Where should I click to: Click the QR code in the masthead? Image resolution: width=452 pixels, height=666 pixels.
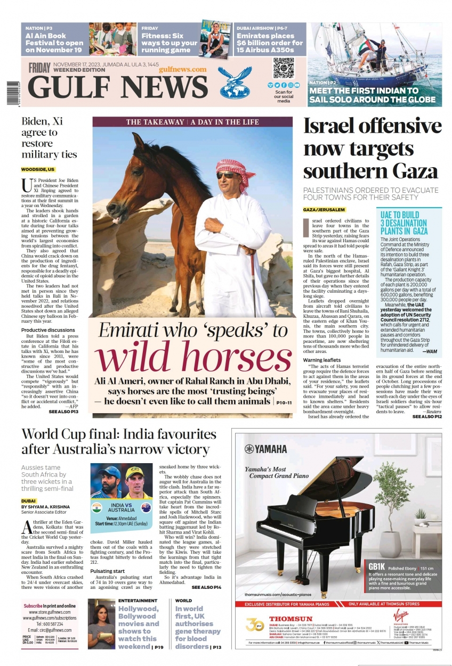click(284, 68)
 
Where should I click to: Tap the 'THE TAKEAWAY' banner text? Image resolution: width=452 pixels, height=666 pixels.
click(155, 122)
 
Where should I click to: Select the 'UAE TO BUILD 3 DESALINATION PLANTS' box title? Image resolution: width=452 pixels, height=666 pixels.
click(403, 223)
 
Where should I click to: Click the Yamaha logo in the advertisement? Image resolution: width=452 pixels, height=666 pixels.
click(266, 449)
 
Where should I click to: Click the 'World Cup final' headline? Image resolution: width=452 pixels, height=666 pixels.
click(118, 441)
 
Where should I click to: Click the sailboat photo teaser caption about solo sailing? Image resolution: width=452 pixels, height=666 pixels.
click(372, 95)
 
